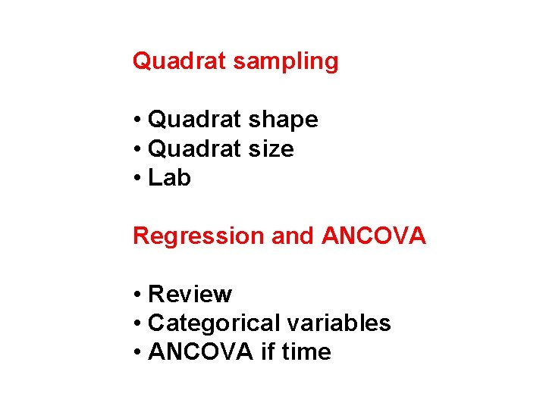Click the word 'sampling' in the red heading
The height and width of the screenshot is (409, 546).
coord(285,61)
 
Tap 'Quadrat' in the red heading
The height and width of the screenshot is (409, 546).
coord(180,61)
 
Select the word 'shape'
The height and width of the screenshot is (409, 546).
coord(287,120)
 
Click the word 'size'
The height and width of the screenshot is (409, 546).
coord(275,149)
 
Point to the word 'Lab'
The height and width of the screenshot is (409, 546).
coord(169,178)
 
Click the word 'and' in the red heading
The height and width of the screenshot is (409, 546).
coord(292,236)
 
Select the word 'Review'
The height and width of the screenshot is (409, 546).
coord(190,294)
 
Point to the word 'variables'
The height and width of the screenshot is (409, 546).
coord(338,323)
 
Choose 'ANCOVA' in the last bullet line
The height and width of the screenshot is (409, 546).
coord(199,352)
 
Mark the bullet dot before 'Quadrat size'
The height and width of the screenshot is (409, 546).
coord(137,150)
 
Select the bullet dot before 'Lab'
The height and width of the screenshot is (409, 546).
coord(137,179)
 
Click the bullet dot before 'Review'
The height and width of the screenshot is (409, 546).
coord(137,295)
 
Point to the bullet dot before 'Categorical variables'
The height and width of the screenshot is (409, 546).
coord(137,324)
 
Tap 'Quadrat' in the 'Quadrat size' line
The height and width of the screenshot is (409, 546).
coord(196,149)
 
